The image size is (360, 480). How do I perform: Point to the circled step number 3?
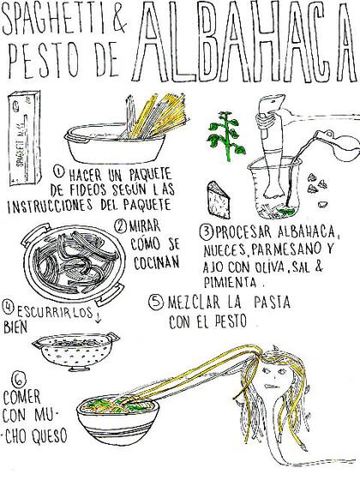(x=206, y=231)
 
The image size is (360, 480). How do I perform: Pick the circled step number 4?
(x=9, y=305)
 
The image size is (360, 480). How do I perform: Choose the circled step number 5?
(x=154, y=303)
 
